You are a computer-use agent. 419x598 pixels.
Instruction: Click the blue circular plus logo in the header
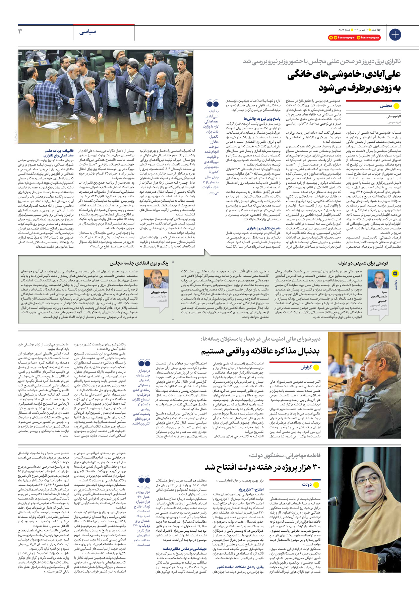(x=395, y=34)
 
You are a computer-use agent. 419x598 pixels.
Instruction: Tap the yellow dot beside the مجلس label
(x=396, y=106)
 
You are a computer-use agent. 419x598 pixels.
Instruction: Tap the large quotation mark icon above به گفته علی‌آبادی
(x=212, y=104)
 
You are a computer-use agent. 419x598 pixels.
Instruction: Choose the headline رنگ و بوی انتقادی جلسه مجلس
(x=139, y=263)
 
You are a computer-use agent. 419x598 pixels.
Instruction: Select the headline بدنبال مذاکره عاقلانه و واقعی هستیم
(x=260, y=351)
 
